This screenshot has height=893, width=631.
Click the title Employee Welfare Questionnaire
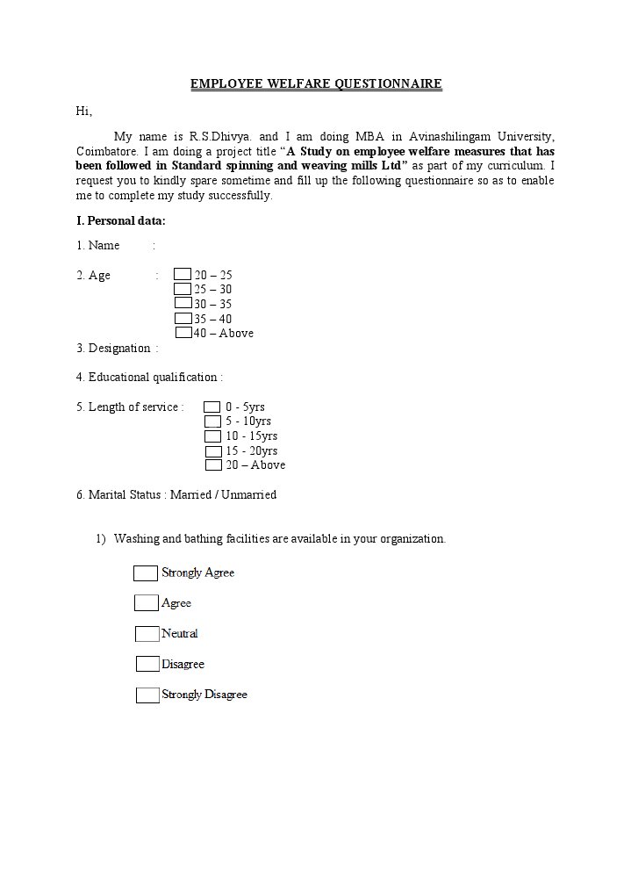316,84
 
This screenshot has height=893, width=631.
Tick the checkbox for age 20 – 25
183,275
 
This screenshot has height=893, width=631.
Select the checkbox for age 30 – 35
183,304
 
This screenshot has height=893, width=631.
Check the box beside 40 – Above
183,333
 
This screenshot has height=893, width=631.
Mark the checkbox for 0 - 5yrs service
212,407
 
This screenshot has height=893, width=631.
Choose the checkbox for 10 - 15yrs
212,436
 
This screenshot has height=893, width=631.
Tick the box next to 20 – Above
213,465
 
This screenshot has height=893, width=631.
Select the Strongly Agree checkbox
146,573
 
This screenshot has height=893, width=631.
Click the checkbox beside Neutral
147,634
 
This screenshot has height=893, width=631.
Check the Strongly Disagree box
147,695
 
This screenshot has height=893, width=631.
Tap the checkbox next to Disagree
147,665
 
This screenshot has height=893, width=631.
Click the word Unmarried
248,495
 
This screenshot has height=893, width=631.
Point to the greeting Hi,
84,111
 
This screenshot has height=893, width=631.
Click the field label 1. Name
97,246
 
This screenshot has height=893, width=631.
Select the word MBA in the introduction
369,136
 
